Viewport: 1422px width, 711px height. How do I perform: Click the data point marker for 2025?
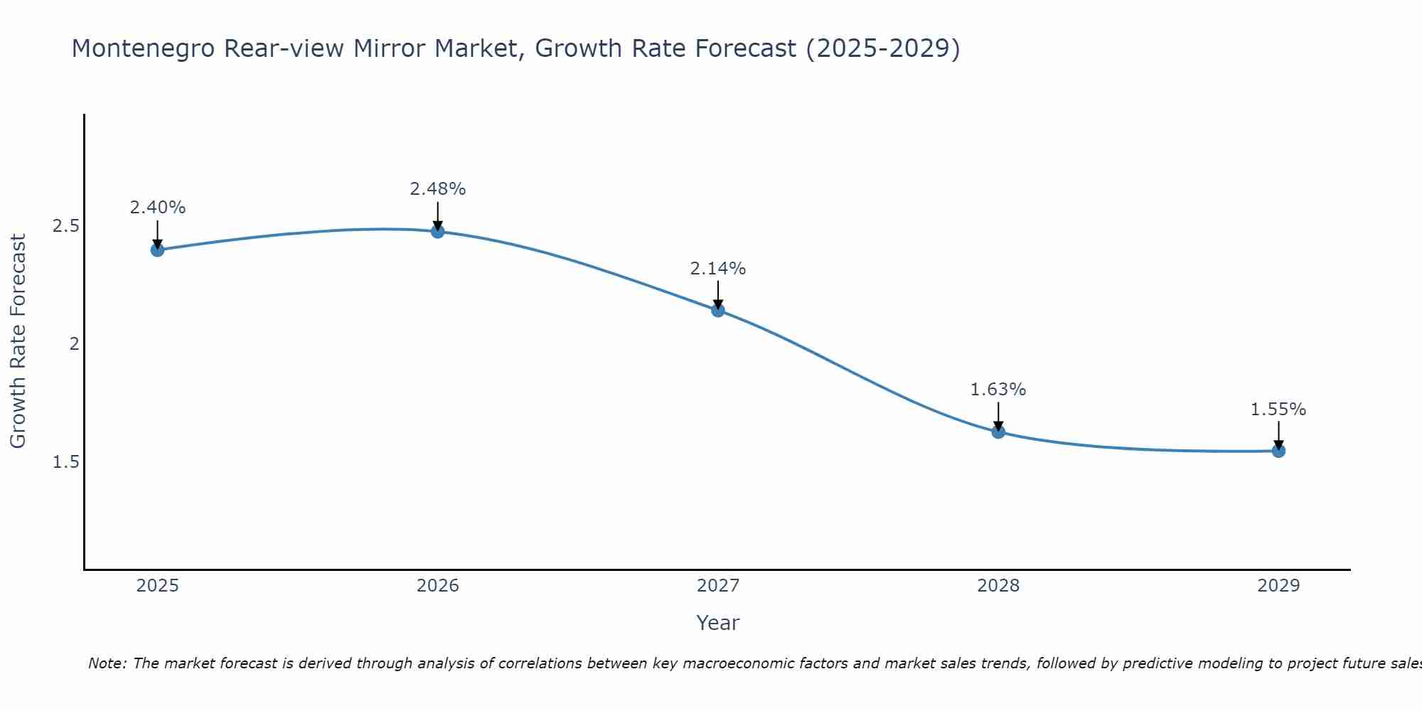click(x=157, y=250)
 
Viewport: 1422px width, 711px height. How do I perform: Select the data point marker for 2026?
click(x=437, y=231)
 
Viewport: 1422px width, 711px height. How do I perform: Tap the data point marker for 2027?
click(x=717, y=310)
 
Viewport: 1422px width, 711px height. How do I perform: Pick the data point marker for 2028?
click(x=998, y=432)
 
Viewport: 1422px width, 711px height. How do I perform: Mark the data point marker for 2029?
click(x=1278, y=451)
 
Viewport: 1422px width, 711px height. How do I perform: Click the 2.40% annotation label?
click(x=157, y=208)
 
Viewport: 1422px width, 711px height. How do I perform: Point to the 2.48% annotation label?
click(x=437, y=189)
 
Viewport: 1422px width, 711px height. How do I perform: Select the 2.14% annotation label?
click(x=717, y=269)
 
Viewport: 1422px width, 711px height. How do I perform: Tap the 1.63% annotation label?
click(x=998, y=390)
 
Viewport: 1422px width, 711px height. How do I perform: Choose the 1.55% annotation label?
click(x=1278, y=410)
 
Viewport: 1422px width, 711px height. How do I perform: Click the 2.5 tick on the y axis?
click(x=65, y=226)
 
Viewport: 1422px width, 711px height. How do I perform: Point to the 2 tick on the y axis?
click(x=73, y=344)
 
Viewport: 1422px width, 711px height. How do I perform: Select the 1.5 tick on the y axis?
click(x=65, y=462)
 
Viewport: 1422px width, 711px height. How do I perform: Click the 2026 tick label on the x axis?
click(x=437, y=586)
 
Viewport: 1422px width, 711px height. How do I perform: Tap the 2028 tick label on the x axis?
click(x=998, y=586)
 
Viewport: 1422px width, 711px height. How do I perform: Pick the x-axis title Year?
click(x=717, y=623)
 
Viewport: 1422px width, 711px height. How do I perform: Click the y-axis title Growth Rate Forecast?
click(x=18, y=341)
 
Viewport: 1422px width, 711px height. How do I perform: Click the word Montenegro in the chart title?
click(x=144, y=48)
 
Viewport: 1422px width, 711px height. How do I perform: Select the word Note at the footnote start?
click(x=107, y=663)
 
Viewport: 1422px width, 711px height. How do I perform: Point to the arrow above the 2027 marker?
click(x=717, y=294)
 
